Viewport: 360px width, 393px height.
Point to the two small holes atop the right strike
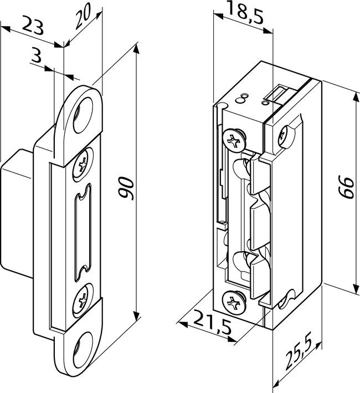(242, 99)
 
